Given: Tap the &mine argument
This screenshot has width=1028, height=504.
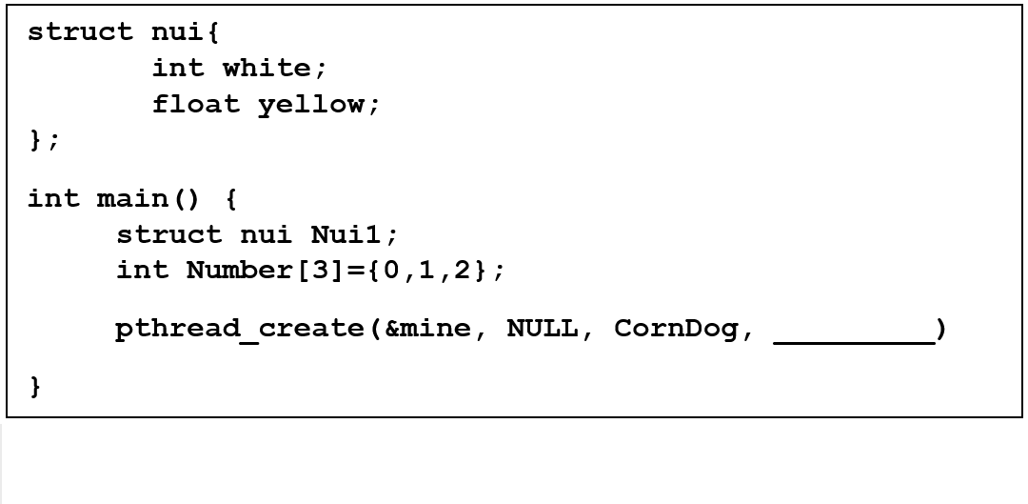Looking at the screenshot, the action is click(x=427, y=329).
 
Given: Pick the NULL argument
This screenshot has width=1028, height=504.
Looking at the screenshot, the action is click(x=542, y=329).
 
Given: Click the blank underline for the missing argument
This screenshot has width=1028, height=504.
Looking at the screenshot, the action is click(x=853, y=335).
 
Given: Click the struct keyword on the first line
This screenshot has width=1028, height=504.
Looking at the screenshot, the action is click(x=81, y=32).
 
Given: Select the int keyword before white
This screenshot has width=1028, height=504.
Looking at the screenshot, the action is click(x=178, y=68).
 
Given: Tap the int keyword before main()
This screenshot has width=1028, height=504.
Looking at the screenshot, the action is click(x=53, y=198).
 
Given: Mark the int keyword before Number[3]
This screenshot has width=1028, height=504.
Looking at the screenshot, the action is click(x=142, y=270).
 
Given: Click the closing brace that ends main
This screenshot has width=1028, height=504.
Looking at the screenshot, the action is click(x=36, y=387).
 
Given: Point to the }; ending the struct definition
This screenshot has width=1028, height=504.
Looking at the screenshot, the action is click(x=44, y=140).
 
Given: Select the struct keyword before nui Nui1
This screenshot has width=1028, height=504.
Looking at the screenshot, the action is click(x=169, y=234).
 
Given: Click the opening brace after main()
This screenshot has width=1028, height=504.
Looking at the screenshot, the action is click(x=230, y=198).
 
